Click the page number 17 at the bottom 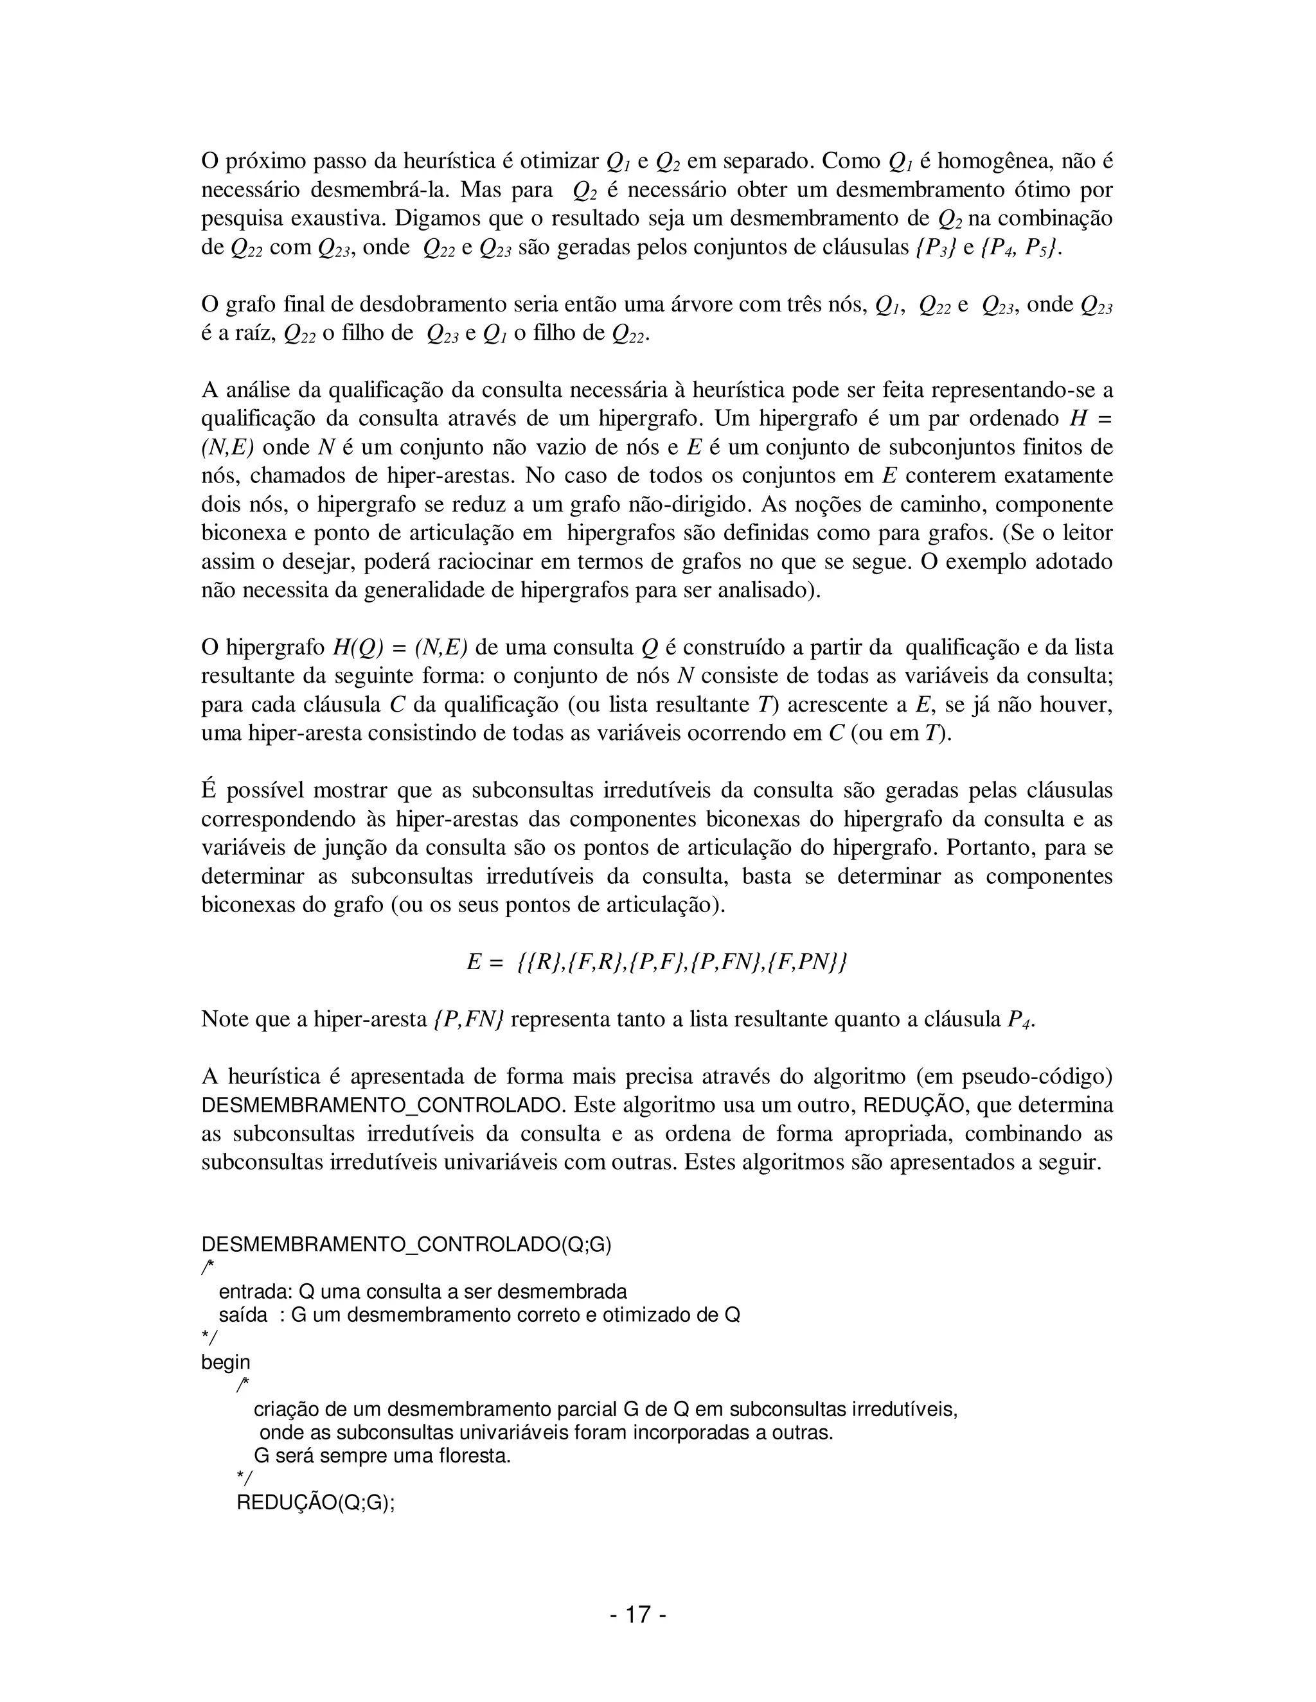click(x=637, y=1614)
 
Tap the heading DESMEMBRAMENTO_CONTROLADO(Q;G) click(x=406, y=1244)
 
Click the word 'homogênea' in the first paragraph click(x=1000, y=161)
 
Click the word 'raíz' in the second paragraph click(x=254, y=333)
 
